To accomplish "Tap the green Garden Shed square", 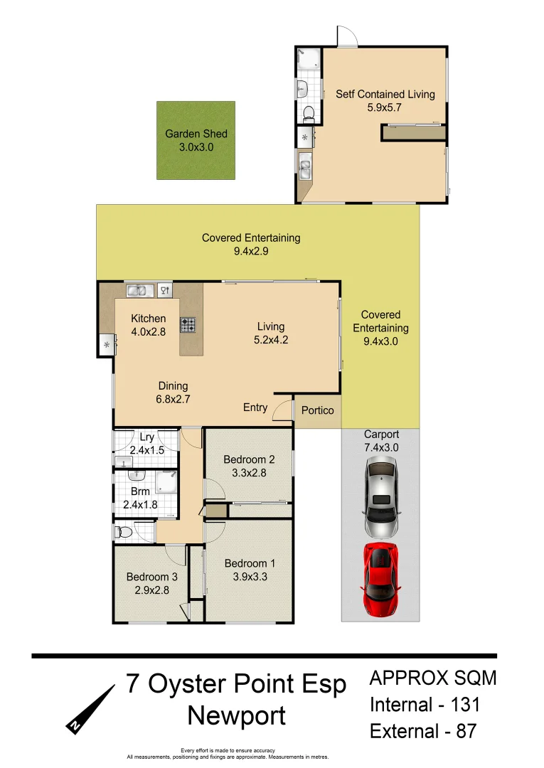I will (x=196, y=140).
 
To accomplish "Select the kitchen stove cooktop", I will (x=188, y=325).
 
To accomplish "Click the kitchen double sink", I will (x=137, y=289).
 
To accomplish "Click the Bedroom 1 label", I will (x=250, y=564).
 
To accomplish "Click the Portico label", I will (x=317, y=410).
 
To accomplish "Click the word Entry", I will (x=255, y=407).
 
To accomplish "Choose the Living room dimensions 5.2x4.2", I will (x=270, y=340).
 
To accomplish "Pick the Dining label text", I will (x=173, y=386).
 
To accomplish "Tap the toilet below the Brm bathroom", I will (x=125, y=531).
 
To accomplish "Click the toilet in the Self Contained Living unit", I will (x=308, y=113).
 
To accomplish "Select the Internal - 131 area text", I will (x=425, y=705).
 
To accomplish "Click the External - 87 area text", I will (x=422, y=731).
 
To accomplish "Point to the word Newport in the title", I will (x=236, y=715).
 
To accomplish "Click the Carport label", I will (x=381, y=434).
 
